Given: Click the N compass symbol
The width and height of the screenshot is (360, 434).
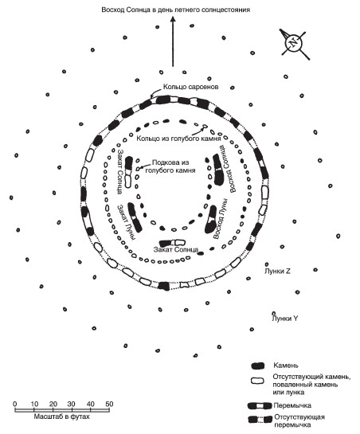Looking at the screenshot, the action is (x=294, y=43).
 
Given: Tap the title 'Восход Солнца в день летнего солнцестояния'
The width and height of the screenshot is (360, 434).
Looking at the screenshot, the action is (x=175, y=10).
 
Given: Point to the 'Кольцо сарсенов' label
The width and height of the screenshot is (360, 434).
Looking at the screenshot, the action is (x=190, y=87).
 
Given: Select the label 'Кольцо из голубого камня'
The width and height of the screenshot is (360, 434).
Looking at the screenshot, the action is (x=178, y=139).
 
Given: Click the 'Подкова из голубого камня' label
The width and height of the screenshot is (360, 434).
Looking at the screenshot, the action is (x=170, y=166).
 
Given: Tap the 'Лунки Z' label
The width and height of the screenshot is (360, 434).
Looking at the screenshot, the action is (x=277, y=272).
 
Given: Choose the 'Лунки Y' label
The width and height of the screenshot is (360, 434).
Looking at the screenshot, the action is (x=285, y=319).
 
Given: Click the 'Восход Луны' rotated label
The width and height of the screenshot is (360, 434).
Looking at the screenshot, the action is (x=221, y=219).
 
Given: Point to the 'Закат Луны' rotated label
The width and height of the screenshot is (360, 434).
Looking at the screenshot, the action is (x=127, y=222).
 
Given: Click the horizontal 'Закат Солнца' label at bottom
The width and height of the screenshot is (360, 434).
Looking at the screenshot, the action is (x=176, y=250).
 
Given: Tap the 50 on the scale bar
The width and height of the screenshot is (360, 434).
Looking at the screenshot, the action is (x=109, y=404).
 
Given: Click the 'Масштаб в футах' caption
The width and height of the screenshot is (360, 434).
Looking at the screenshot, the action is (x=62, y=416).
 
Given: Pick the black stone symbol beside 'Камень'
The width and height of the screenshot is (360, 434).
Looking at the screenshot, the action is (x=258, y=366).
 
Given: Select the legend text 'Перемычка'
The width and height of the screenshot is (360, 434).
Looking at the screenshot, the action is (x=292, y=406).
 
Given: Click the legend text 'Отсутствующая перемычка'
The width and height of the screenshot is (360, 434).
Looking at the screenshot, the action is (x=299, y=421).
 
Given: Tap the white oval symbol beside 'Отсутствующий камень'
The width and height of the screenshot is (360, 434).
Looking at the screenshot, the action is (x=258, y=381).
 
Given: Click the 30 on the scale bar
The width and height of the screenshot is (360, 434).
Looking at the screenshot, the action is (x=71, y=404).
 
